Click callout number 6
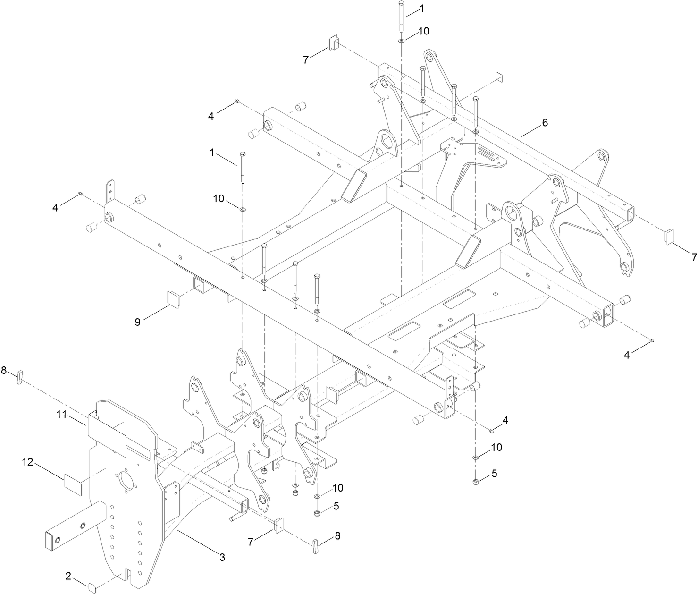pos(545,123)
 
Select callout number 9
pos(138,322)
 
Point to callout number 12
pos(28,462)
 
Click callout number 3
pos(222,557)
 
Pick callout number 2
pos(68,576)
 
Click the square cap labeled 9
pos(174,299)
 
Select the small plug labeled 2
pos(93,587)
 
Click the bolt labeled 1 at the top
pos(401,17)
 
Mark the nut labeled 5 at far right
pos(476,482)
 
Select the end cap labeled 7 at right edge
pos(671,236)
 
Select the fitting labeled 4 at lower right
pos(492,430)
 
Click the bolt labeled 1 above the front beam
pos(243,168)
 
